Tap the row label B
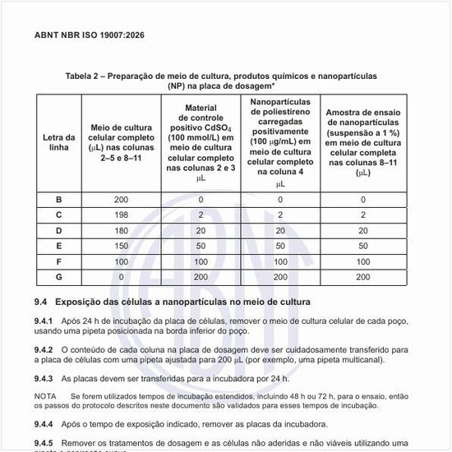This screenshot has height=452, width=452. (x=58, y=199)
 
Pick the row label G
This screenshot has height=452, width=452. (x=58, y=277)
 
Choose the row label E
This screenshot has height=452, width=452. (x=58, y=246)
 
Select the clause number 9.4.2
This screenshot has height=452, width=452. (x=45, y=349)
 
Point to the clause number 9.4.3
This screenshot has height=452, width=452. (x=45, y=378)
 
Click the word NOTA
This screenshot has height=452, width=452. (x=46, y=395)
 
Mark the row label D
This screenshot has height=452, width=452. (x=58, y=230)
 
